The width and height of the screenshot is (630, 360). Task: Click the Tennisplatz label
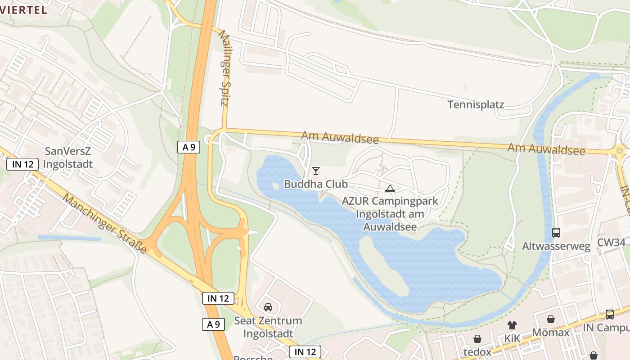point(476,105)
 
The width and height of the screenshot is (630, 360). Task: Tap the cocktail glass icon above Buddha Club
point(316,171)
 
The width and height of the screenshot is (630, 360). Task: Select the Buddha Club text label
point(316,184)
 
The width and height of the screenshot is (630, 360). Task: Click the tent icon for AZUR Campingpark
point(390,188)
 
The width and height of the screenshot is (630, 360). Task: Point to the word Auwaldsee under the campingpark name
point(390,227)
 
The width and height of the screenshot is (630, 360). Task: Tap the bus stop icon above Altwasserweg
point(556,233)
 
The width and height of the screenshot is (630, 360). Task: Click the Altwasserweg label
point(556,246)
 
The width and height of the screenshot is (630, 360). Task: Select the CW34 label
point(611,243)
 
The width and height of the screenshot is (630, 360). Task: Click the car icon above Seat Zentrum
point(268,307)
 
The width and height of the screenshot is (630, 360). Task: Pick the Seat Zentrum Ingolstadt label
point(268,327)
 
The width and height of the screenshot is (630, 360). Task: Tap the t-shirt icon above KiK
point(512,325)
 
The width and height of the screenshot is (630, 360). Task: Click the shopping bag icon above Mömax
point(551,319)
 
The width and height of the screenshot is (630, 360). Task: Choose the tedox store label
point(477,351)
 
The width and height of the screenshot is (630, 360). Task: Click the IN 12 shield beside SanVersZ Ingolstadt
point(22,164)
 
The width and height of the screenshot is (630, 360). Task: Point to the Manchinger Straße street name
point(105,223)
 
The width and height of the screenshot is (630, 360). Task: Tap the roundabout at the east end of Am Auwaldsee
point(620,151)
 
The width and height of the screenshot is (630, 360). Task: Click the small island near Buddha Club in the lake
point(275,186)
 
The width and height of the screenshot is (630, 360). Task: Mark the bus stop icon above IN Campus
point(610,314)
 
